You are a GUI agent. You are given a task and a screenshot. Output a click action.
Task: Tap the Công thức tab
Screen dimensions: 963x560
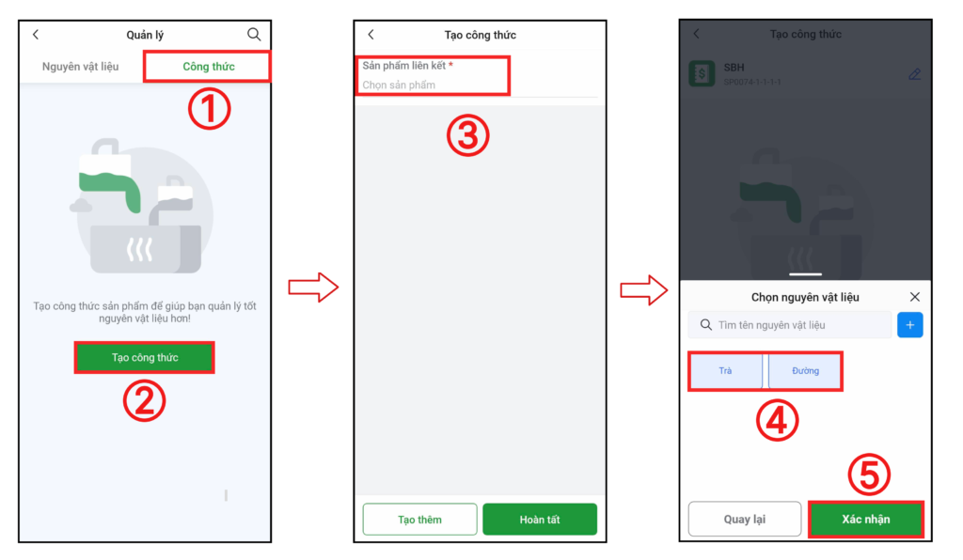[x=208, y=67]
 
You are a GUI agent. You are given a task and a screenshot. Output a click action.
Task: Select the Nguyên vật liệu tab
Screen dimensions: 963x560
[x=81, y=67]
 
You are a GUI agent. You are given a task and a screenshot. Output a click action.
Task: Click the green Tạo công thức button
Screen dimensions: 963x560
[x=145, y=358]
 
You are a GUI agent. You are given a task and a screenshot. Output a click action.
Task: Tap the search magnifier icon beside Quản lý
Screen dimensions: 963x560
[x=254, y=35]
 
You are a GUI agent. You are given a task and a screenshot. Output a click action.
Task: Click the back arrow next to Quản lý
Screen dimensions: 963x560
[x=36, y=35]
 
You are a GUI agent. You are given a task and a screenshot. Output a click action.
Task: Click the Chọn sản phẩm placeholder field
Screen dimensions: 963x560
[x=399, y=85]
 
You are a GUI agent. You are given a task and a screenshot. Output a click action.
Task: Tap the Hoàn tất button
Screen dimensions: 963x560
[x=540, y=520]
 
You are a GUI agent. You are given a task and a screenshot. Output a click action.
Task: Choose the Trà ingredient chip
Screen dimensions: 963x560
[x=725, y=370]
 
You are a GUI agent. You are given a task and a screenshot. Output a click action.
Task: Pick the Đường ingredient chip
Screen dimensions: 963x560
[x=805, y=370]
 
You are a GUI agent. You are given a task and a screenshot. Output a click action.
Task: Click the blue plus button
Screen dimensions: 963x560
[x=910, y=324]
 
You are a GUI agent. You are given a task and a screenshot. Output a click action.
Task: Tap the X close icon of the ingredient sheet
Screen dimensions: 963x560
[x=914, y=297]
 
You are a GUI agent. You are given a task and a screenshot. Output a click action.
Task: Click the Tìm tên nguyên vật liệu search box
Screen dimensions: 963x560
[x=790, y=324]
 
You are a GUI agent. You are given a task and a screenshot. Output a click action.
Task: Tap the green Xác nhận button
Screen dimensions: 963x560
[x=866, y=520]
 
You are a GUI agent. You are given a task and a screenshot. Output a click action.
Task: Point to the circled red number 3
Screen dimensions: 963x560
[x=468, y=135]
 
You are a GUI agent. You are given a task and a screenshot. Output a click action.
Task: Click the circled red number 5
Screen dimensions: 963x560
[x=869, y=474]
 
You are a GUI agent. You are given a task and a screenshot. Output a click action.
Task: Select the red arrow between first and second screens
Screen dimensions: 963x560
[x=313, y=288]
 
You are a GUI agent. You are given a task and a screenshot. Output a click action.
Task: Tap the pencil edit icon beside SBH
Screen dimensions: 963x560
[x=914, y=74]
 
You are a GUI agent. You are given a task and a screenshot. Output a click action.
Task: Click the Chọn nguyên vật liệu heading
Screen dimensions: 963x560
[x=805, y=298]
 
